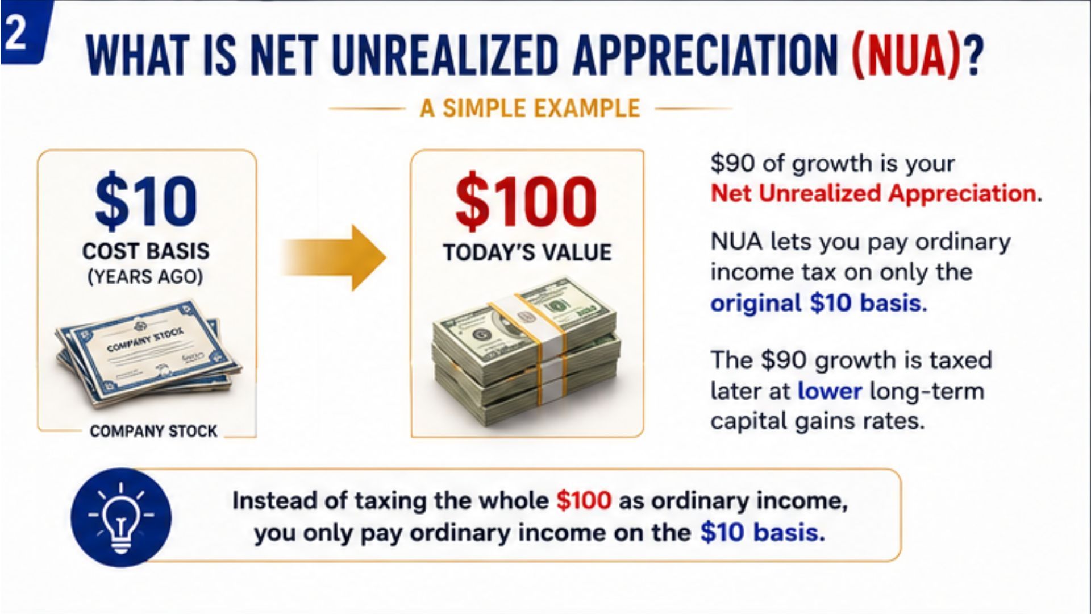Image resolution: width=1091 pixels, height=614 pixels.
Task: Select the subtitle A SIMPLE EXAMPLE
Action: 530,108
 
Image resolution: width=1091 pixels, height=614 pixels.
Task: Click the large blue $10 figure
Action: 146,201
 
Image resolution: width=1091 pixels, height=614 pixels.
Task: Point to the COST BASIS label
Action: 146,251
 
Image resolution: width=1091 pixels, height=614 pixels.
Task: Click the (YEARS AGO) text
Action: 145,277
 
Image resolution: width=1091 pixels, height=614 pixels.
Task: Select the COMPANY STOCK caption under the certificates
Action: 153,431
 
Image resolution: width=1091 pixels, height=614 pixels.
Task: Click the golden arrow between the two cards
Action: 334,258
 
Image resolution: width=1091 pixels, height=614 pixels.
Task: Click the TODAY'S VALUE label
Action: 527,252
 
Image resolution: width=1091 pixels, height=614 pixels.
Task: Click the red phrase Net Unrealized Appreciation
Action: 873,193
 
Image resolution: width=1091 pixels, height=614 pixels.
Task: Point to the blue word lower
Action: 830,391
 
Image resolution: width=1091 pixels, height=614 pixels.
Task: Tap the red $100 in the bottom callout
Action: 584,501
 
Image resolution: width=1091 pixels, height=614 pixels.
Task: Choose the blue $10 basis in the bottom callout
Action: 762,533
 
